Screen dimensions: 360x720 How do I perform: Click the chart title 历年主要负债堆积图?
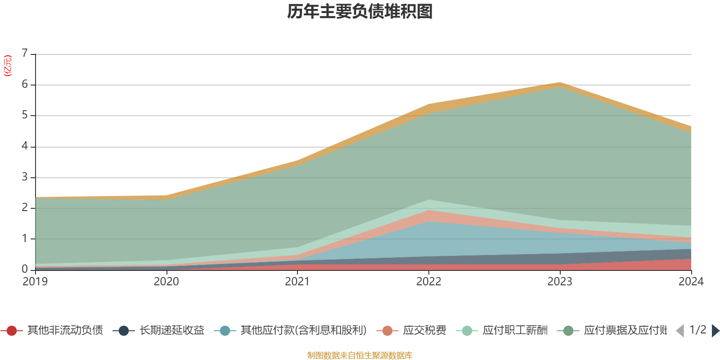(x=360, y=12)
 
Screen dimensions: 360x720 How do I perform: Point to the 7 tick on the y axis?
(x=25, y=53)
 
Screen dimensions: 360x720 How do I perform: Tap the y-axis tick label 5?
(x=25, y=115)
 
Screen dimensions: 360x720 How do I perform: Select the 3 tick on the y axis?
(x=25, y=177)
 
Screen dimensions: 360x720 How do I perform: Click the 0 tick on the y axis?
(x=25, y=269)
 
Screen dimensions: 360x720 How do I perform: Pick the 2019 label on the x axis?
(x=35, y=282)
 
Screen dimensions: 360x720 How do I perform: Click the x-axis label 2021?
(x=297, y=282)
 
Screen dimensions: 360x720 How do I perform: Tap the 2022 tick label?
(x=428, y=282)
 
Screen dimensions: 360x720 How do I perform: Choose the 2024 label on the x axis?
(x=691, y=282)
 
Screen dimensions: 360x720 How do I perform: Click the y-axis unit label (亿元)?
(x=8, y=66)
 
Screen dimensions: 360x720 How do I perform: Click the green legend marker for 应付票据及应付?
(x=568, y=331)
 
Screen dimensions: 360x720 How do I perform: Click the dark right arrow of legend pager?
(x=715, y=331)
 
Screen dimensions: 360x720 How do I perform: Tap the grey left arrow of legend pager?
(x=680, y=331)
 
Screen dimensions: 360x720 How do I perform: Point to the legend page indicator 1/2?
(x=697, y=330)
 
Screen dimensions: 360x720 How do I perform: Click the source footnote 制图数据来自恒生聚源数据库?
(x=360, y=355)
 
